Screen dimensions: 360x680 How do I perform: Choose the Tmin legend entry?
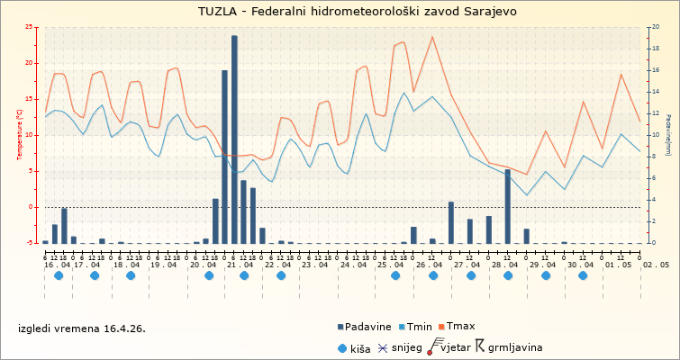(x=420, y=327)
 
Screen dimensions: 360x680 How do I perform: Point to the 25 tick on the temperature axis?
(x=30, y=28)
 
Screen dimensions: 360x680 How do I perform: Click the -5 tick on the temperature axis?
(x=30, y=243)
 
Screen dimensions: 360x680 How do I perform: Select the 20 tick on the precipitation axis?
(x=656, y=28)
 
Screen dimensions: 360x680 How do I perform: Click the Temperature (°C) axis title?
(x=20, y=135)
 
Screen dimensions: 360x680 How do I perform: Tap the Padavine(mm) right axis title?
(x=668, y=135)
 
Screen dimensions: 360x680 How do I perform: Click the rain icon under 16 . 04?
(x=59, y=275)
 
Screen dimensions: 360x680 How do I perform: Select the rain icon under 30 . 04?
(x=583, y=275)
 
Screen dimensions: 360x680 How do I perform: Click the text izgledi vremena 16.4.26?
(x=81, y=328)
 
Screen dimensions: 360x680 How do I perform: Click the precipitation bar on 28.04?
(x=507, y=206)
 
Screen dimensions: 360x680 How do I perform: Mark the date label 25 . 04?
(x=391, y=265)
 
